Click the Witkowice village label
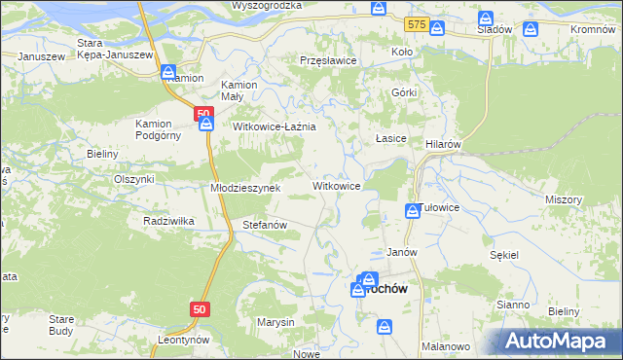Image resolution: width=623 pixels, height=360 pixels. pos(336,185)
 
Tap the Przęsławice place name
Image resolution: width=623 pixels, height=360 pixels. pos(328,60)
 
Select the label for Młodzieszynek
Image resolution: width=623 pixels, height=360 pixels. pos(245,188)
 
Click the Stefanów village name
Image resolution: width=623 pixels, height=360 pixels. pos(264,225)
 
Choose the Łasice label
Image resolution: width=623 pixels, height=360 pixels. pos(390,139)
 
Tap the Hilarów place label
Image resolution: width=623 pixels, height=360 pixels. pos(442,143)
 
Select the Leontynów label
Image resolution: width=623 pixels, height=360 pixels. pos(183,341)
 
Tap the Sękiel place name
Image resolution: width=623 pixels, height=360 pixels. pos(505,254)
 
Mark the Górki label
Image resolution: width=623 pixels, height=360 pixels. pos(404,92)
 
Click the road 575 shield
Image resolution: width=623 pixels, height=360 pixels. pos(418,21)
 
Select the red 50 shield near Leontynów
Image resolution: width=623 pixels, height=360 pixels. pos(199,308)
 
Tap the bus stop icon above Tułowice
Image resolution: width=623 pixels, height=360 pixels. pos(412,210)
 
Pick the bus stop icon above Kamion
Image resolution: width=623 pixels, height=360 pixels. pos(167,72)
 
